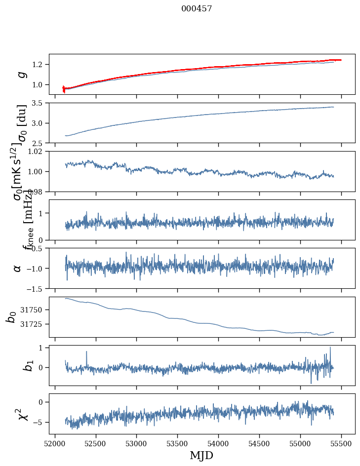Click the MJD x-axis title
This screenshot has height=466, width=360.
[x=201, y=455]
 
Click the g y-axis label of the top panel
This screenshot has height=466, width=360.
[x=21, y=74]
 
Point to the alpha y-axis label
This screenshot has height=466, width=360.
[x=18, y=268]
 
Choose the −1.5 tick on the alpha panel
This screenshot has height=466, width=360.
[x=35, y=288]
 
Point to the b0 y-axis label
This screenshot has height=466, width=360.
[x=11, y=317]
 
